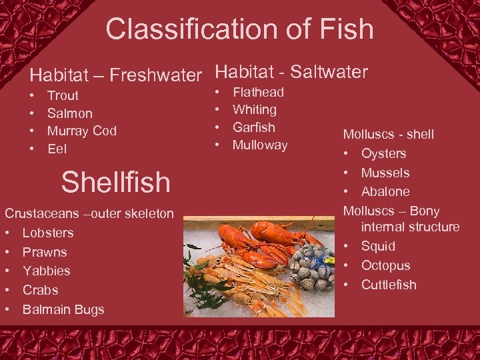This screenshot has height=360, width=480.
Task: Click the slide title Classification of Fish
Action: click(239, 29)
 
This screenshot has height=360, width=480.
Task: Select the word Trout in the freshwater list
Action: click(63, 96)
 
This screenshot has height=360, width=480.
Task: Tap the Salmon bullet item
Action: click(70, 114)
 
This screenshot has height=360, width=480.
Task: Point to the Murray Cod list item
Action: click(82, 131)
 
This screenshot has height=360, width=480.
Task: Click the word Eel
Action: click(57, 149)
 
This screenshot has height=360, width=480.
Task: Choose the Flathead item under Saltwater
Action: click(258, 93)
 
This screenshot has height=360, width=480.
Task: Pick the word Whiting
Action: click(254, 110)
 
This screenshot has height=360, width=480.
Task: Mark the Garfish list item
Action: click(253, 127)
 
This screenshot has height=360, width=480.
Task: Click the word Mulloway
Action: click(259, 145)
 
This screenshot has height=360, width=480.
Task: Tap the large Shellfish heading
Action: click(115, 182)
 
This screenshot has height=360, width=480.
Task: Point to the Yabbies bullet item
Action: click(46, 271)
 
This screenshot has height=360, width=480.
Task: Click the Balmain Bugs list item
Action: click(63, 310)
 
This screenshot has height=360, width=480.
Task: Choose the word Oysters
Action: click(383, 154)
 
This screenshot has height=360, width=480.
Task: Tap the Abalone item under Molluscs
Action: click(385, 192)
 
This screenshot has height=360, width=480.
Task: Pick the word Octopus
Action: click(385, 266)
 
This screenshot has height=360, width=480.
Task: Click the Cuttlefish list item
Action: click(389, 285)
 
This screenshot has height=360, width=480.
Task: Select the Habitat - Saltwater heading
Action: click(291, 71)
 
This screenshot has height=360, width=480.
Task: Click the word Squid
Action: click(378, 247)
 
